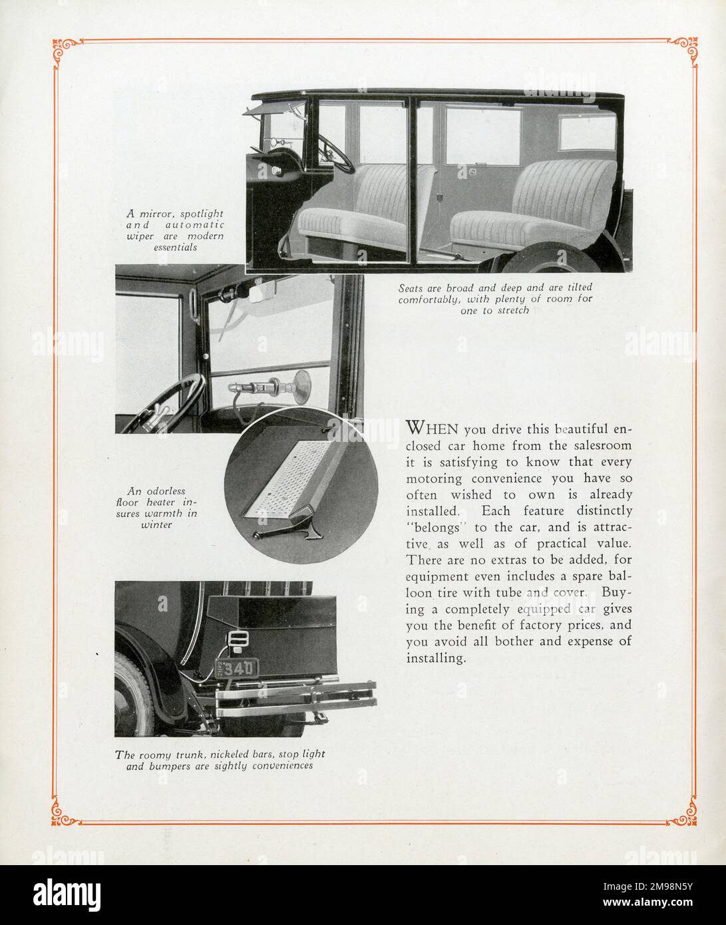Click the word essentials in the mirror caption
click(176, 248)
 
